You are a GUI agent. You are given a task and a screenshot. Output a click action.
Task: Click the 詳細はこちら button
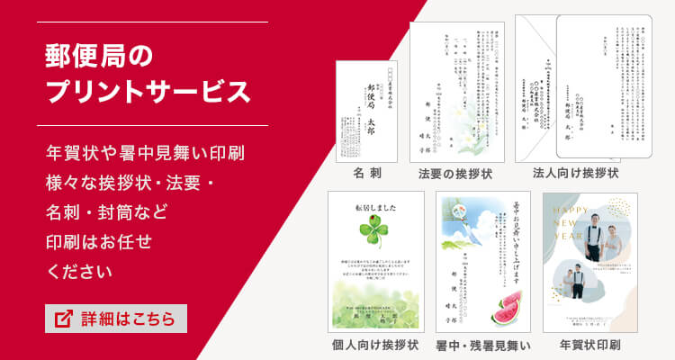coord(116,319)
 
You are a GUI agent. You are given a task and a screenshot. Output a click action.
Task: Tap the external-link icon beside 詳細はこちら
coord(64,319)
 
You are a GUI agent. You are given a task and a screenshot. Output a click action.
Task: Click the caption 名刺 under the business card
coord(369,171)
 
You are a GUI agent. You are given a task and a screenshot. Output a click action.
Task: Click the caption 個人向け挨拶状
coord(375,345)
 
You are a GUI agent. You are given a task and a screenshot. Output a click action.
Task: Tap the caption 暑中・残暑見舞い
coord(483,345)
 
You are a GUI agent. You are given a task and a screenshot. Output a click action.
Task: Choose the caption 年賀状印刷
coord(589,345)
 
